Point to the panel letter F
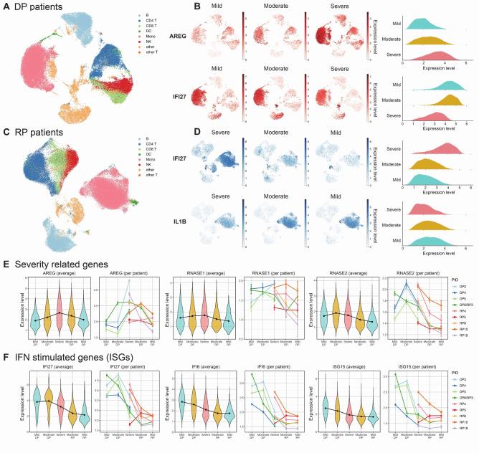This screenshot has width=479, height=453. [6, 354]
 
